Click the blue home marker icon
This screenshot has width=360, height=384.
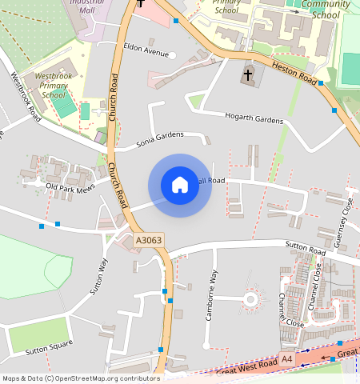(x=180, y=185)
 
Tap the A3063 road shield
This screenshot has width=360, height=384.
(x=148, y=239)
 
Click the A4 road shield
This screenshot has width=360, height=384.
(x=287, y=361)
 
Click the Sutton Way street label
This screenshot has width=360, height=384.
(x=98, y=277)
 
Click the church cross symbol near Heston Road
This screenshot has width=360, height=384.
(x=248, y=75)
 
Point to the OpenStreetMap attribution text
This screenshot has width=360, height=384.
(x=80, y=378)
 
